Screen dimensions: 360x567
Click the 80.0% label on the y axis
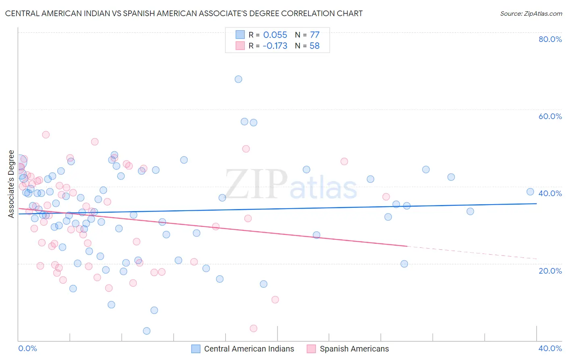(x=550, y=39)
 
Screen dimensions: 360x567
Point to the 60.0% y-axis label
(x=550, y=116)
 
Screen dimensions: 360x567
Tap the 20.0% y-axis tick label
(x=550, y=270)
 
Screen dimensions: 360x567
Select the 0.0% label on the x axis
(x=28, y=348)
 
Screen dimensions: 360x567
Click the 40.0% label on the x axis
(x=550, y=348)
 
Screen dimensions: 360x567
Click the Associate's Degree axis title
(x=11, y=184)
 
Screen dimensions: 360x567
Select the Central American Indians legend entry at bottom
(x=249, y=349)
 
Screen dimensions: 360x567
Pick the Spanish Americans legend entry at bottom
(x=354, y=349)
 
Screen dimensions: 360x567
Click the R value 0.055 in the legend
(x=275, y=35)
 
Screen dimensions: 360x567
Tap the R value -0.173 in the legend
(x=275, y=46)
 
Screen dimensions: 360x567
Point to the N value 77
(x=315, y=35)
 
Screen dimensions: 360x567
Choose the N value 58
(x=315, y=46)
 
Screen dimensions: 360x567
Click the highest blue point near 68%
(x=238, y=79)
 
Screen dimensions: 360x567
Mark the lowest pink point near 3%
(x=254, y=329)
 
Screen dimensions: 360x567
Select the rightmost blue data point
(x=530, y=192)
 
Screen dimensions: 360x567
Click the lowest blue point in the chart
(x=147, y=331)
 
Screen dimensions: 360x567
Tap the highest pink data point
(x=46, y=135)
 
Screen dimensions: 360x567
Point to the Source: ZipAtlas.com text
(x=531, y=14)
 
